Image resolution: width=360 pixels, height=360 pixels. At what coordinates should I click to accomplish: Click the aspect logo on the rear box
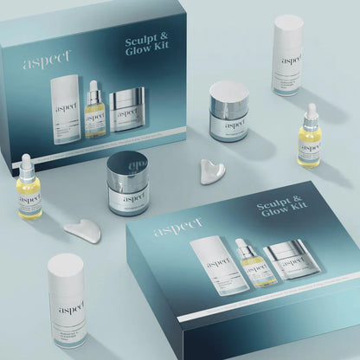(x=41, y=62)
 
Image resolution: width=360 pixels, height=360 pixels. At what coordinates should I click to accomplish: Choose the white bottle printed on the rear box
(x=65, y=109)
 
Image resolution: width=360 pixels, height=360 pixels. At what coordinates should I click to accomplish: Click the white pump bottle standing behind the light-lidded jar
(x=286, y=54)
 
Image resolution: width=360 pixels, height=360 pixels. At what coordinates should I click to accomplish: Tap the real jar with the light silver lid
(x=228, y=112)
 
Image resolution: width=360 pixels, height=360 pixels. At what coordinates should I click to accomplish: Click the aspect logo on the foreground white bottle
(x=67, y=288)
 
